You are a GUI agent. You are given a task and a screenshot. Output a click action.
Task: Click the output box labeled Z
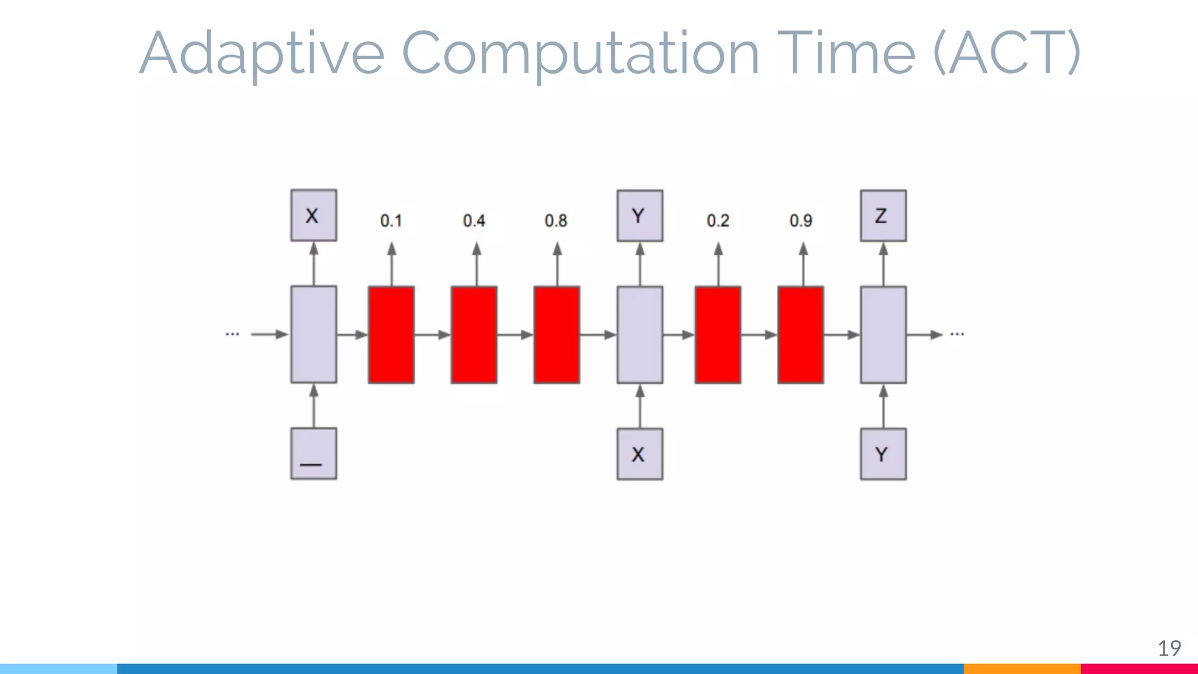pos(883,215)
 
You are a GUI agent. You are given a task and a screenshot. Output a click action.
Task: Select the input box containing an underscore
pos(314,454)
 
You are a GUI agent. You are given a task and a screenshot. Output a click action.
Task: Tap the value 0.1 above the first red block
pos(391,221)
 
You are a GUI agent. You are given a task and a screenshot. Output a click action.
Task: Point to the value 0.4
pos(474,221)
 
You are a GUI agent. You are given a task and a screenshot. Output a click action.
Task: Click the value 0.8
pos(556,221)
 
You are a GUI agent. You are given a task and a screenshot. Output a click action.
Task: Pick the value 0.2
pos(718,221)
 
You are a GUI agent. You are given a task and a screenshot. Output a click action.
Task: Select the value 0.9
pos(801,221)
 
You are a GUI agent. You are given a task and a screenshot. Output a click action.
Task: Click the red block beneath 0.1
pos(391,335)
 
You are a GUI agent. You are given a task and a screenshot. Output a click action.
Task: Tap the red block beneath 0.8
pos(556,335)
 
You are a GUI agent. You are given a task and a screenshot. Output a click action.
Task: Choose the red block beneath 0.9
pos(800,335)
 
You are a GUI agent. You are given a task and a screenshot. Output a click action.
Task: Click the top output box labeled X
pos(314,215)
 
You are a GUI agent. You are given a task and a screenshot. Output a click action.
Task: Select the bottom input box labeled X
pos(639,454)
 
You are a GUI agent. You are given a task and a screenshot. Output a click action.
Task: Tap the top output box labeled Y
pos(639,215)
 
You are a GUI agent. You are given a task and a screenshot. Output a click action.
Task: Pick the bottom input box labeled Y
pos(883,454)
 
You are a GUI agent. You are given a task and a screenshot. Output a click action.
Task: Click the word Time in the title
pos(846,53)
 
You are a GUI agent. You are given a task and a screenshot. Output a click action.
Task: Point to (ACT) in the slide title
pos(1006,53)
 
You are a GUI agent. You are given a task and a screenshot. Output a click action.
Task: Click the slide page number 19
pos(1169,648)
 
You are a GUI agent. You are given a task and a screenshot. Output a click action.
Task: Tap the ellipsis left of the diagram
pos(232,334)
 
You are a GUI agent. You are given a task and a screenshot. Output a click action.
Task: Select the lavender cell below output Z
pos(883,335)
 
